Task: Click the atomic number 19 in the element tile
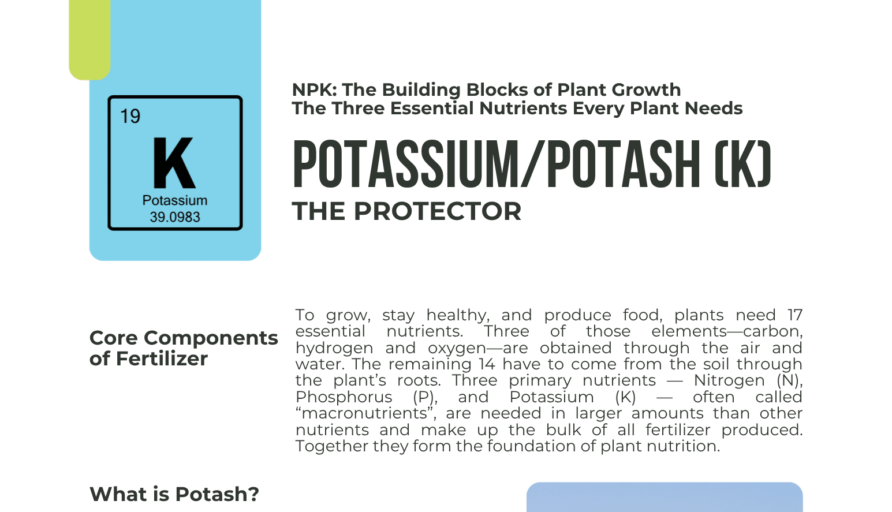pyautogui.click(x=130, y=116)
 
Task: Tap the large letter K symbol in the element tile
pyautogui.click(x=174, y=163)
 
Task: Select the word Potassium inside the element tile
pyautogui.click(x=174, y=200)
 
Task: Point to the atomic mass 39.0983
pyautogui.click(x=174, y=217)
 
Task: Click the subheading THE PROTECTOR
pyautogui.click(x=406, y=211)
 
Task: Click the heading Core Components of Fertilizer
pyautogui.click(x=183, y=348)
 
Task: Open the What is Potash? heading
pyautogui.click(x=174, y=494)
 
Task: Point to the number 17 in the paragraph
pyautogui.click(x=794, y=315)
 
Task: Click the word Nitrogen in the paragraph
pyautogui.click(x=729, y=381)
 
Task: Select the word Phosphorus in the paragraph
pyautogui.click(x=344, y=397)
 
